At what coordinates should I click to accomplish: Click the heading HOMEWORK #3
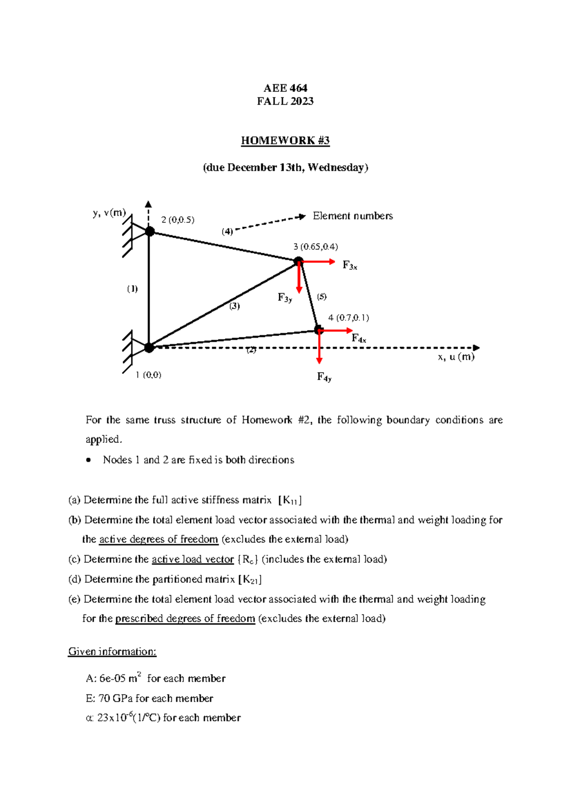[x=285, y=141]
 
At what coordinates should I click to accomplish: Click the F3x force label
[x=349, y=266]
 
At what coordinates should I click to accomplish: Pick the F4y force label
[x=324, y=377]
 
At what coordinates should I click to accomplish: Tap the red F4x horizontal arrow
[x=338, y=330]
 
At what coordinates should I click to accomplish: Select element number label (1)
[x=132, y=289]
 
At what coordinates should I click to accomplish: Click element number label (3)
[x=235, y=306]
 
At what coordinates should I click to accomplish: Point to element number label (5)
[x=322, y=297]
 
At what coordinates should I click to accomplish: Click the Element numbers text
[x=353, y=216]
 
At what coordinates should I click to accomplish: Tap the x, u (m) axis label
[x=456, y=357]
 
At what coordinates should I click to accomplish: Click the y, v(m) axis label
[x=109, y=213]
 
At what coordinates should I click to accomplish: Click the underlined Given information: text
[x=112, y=652]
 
